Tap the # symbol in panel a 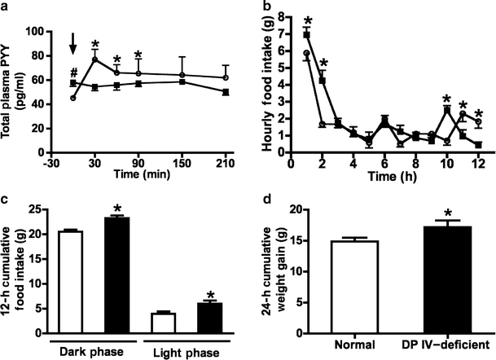pos(73,72)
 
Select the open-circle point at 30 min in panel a pos(94,59)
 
